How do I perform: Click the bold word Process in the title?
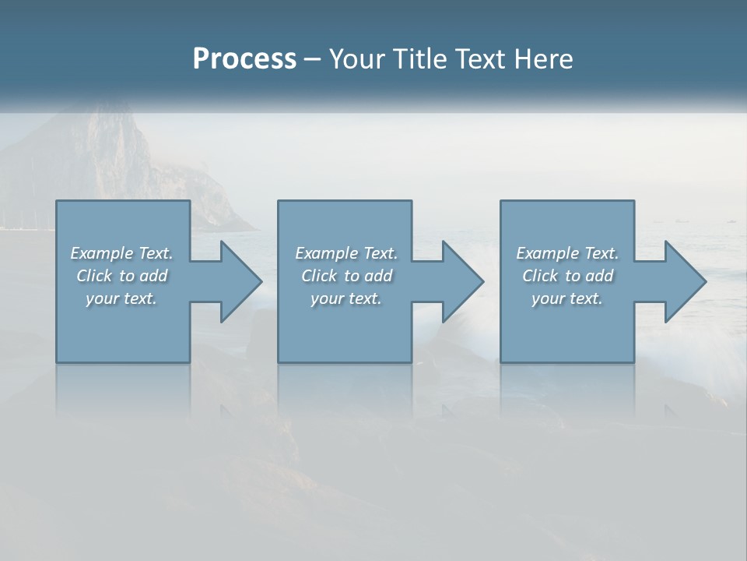[x=244, y=59]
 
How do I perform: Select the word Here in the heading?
[x=542, y=59]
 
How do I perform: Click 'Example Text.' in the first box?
[x=121, y=253]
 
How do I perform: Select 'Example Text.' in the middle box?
[x=346, y=253]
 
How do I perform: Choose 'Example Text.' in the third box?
[x=567, y=253]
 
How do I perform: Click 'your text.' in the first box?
[x=121, y=298]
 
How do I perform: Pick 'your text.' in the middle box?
[x=346, y=298]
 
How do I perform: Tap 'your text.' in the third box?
[x=567, y=298]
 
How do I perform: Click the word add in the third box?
[x=599, y=276]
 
